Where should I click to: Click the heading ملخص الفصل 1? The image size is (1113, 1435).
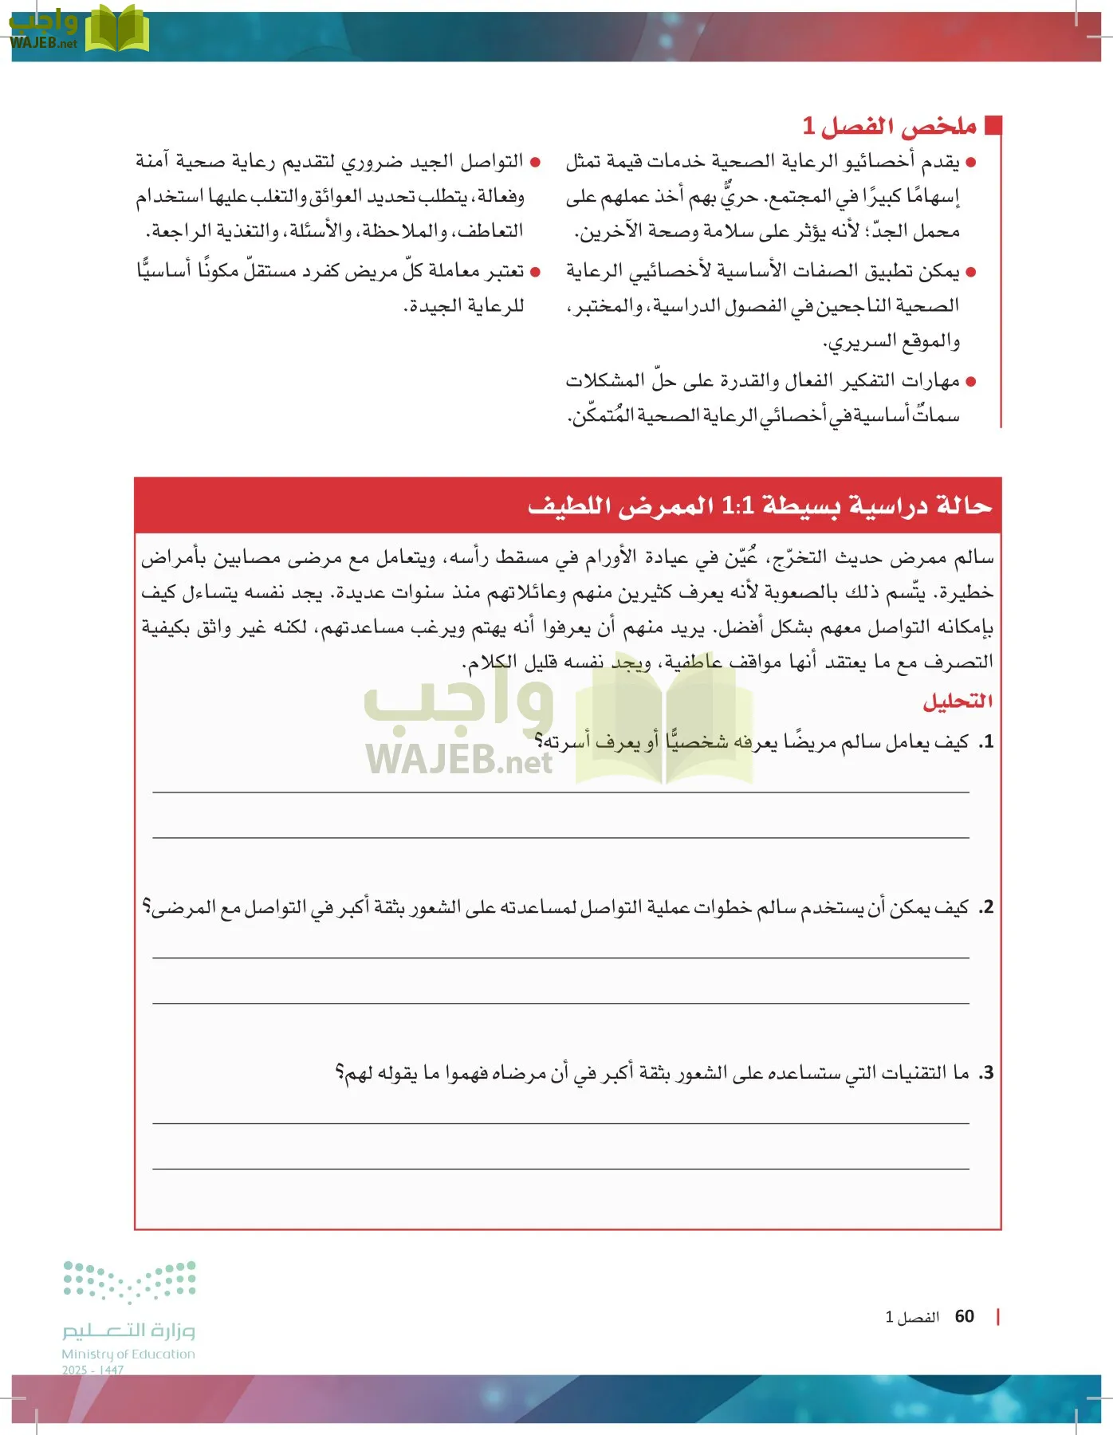889,126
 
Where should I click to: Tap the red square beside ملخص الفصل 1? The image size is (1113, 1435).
993,125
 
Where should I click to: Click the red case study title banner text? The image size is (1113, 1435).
759,505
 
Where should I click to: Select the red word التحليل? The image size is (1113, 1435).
957,701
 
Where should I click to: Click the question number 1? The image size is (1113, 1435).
987,741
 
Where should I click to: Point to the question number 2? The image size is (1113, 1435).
987,907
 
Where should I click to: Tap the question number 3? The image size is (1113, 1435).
987,1073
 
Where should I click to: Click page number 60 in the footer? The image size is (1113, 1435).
964,1316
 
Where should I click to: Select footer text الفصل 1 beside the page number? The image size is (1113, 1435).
912,1317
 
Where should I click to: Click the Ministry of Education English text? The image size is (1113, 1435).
128,1354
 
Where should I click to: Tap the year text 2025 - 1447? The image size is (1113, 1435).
92,1370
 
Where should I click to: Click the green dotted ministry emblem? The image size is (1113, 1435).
129,1280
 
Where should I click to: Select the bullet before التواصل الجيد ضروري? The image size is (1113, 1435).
535,163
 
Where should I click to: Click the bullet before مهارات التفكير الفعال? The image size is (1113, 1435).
970,382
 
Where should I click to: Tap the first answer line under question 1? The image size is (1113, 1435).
560,792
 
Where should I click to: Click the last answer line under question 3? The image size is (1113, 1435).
560,1169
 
